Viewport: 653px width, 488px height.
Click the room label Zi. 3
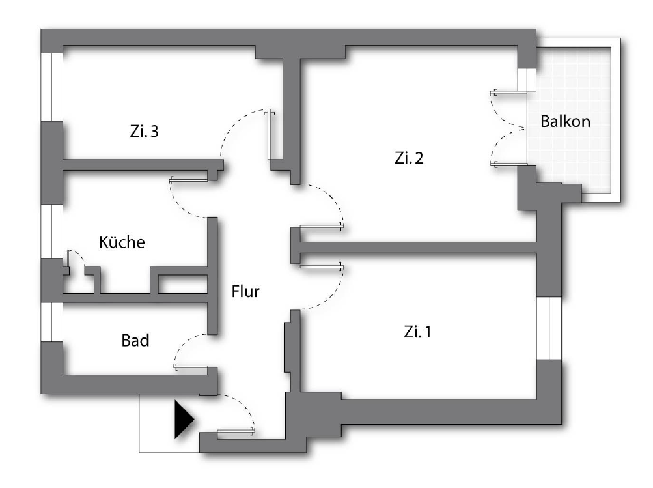[144, 132]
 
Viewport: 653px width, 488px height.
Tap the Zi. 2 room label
[409, 158]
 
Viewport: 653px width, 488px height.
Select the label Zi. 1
[417, 332]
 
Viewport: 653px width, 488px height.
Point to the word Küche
[121, 242]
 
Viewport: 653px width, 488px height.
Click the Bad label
[135, 340]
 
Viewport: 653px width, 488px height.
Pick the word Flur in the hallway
[245, 292]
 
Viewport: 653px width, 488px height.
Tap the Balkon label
[566, 121]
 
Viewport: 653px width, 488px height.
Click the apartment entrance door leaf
[236, 431]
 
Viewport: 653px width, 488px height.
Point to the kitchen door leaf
[189, 179]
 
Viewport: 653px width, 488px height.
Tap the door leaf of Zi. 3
[270, 135]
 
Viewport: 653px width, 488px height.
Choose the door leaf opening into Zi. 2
[321, 227]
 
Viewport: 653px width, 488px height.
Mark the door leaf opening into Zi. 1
[321, 266]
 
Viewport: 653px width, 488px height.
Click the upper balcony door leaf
[508, 92]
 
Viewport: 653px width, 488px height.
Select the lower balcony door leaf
[508, 164]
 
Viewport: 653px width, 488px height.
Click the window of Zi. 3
[51, 86]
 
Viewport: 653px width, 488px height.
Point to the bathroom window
[51, 322]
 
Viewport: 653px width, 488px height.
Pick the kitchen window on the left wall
[51, 231]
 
